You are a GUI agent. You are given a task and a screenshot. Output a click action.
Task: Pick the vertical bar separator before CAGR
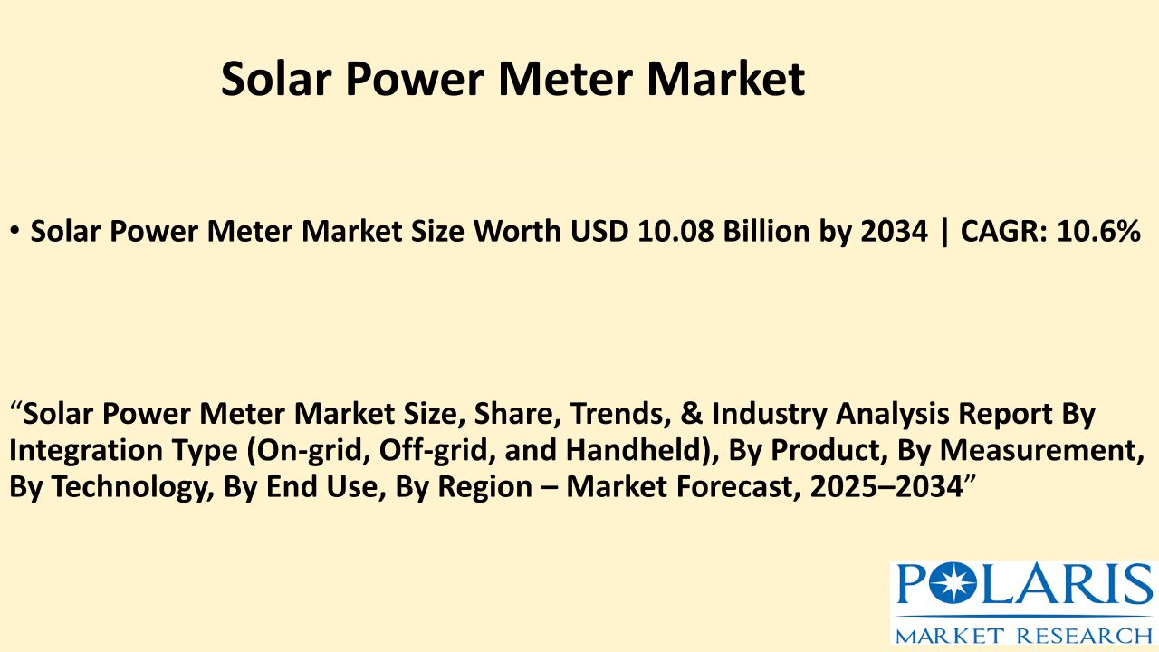coord(944,232)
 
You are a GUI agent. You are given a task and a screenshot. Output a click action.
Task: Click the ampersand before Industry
coord(691,414)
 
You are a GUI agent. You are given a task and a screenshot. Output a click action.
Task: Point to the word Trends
coord(617,414)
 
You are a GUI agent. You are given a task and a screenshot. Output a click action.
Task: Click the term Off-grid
coord(434,450)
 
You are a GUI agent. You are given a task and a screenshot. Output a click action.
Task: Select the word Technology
coord(133,487)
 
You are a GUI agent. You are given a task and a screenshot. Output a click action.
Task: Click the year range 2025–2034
coord(886,487)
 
